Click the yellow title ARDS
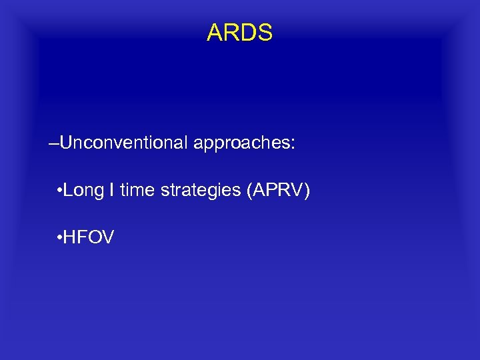(x=239, y=33)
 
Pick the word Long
(x=84, y=191)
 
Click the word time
(x=136, y=190)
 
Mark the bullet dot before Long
(x=60, y=191)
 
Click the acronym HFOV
(x=90, y=236)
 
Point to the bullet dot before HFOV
(x=60, y=237)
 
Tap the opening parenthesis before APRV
(x=249, y=191)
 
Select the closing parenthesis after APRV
(x=307, y=191)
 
